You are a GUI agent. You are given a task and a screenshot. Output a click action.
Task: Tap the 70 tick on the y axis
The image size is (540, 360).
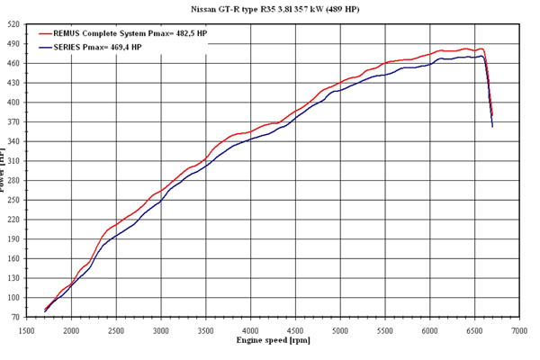(x=16, y=318)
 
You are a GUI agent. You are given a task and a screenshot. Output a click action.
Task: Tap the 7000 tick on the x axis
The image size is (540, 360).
(x=518, y=330)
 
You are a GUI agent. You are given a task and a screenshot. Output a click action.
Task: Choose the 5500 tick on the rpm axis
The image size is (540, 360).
(x=384, y=330)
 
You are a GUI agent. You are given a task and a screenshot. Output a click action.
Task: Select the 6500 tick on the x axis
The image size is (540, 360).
(x=474, y=330)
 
